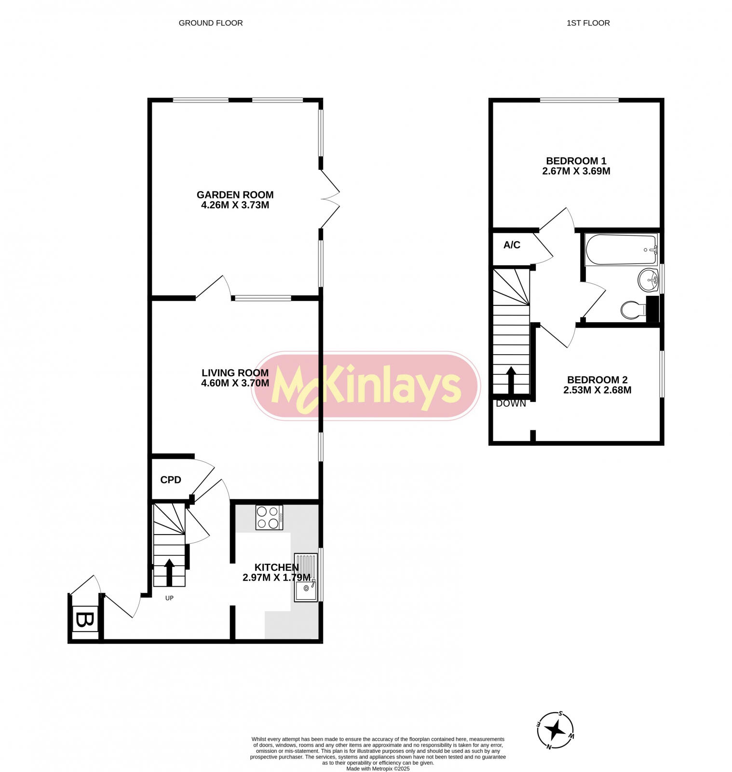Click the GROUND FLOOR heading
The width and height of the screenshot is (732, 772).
pos(211,23)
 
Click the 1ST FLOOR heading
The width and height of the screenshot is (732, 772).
pos(588,23)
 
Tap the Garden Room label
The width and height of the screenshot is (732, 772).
pos(235,195)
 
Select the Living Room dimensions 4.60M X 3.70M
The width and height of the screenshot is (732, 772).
pos(235,383)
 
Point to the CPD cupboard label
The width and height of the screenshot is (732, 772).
pos(171,480)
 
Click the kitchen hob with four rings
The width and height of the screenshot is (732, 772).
pos(269,517)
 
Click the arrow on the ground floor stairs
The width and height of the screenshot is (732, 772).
pos(169,573)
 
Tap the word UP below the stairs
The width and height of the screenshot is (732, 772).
pos(169,598)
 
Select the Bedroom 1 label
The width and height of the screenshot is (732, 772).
pos(576,161)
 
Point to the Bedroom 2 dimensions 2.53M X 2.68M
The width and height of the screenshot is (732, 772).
pos(597,390)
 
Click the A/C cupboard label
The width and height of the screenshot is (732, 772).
pos(512,245)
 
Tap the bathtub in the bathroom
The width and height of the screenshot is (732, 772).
pos(621,250)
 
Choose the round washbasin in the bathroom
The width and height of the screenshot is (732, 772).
pos(648,280)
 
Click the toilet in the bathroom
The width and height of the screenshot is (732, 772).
pos(633,310)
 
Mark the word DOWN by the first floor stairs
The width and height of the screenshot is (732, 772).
pos(511,404)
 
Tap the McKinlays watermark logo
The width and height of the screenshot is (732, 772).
pos(366,386)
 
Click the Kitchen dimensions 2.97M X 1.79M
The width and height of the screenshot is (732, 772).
pos(276,577)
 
